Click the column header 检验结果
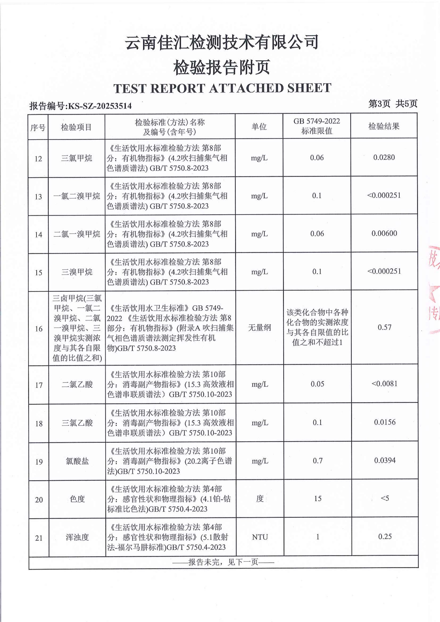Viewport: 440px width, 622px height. [384, 126]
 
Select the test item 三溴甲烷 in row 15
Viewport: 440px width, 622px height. [77, 272]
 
